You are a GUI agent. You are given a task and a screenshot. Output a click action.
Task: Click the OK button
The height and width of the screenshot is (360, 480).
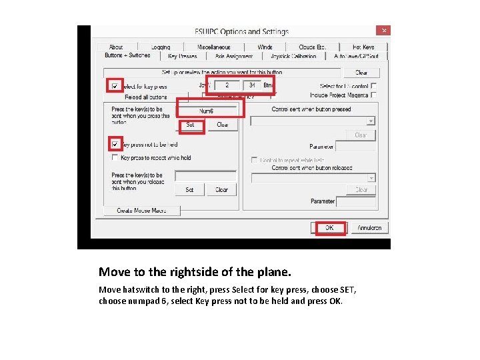tap(329, 228)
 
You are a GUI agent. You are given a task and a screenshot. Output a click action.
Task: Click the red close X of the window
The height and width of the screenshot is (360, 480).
tap(383, 31)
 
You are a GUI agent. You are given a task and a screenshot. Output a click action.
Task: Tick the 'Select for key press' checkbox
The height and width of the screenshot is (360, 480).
tap(115, 87)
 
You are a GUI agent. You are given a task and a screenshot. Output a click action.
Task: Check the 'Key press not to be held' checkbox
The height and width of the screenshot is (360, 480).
tap(115, 144)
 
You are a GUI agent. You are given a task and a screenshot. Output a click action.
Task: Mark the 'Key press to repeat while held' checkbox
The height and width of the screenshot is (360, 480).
tap(115, 158)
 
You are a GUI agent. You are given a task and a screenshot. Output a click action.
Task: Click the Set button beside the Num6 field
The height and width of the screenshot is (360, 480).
tap(190, 125)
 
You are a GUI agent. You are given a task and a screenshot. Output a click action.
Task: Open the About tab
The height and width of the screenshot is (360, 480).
tap(116, 47)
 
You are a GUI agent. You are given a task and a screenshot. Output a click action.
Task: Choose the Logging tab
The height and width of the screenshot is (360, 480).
tap(160, 47)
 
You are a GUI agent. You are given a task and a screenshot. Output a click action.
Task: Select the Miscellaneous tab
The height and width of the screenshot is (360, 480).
tap(214, 47)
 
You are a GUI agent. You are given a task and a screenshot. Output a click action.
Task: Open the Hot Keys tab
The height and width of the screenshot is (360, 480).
tap(363, 47)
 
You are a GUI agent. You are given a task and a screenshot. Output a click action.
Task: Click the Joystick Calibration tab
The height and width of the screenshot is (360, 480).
tap(294, 56)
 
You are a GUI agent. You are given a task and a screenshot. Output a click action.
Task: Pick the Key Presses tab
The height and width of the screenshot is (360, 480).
tap(182, 56)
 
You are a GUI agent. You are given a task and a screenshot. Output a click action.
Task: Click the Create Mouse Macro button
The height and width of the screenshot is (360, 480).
tap(141, 211)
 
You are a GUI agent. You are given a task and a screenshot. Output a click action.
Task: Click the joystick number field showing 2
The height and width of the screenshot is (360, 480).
tap(227, 85)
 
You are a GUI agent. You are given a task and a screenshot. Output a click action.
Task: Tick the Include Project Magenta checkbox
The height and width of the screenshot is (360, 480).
tap(373, 95)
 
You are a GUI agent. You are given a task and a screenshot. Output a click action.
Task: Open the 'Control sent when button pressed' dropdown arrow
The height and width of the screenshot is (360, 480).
tap(371, 121)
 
